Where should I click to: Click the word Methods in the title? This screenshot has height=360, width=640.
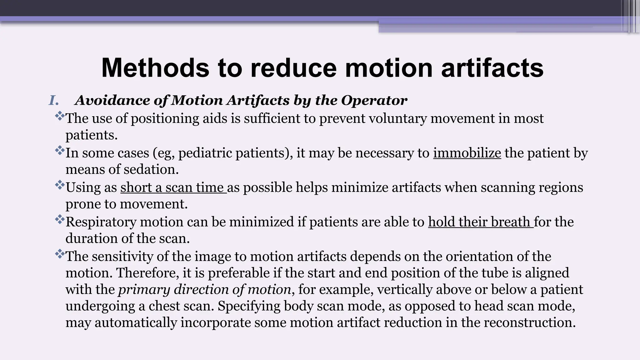tap(155, 68)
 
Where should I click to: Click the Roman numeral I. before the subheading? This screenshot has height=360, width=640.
tap(54, 101)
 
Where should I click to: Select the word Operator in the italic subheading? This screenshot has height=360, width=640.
tap(374, 101)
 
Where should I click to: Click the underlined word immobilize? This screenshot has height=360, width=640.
tap(467, 153)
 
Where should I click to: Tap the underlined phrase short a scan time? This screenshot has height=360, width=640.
tap(173, 187)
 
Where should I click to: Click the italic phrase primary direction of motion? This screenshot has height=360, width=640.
tap(205, 289)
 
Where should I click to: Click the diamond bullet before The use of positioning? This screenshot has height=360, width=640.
tap(59, 117)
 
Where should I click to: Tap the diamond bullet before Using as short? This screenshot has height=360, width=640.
tap(59, 185)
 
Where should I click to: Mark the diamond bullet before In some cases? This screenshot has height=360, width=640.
tap(59, 151)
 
